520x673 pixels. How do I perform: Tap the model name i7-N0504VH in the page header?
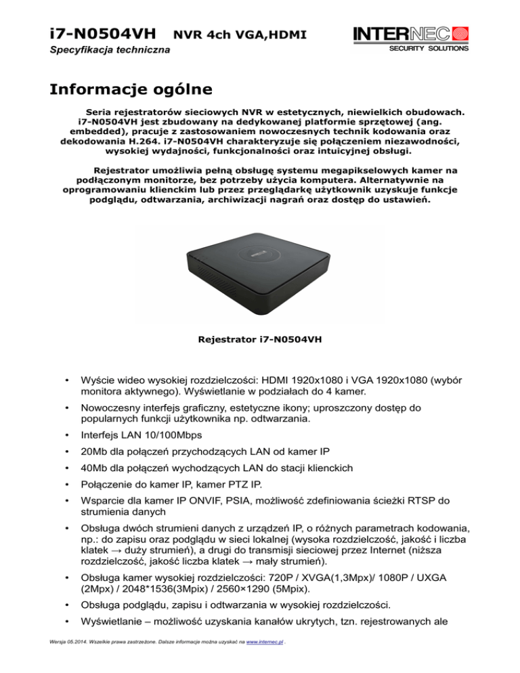[104, 32]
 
